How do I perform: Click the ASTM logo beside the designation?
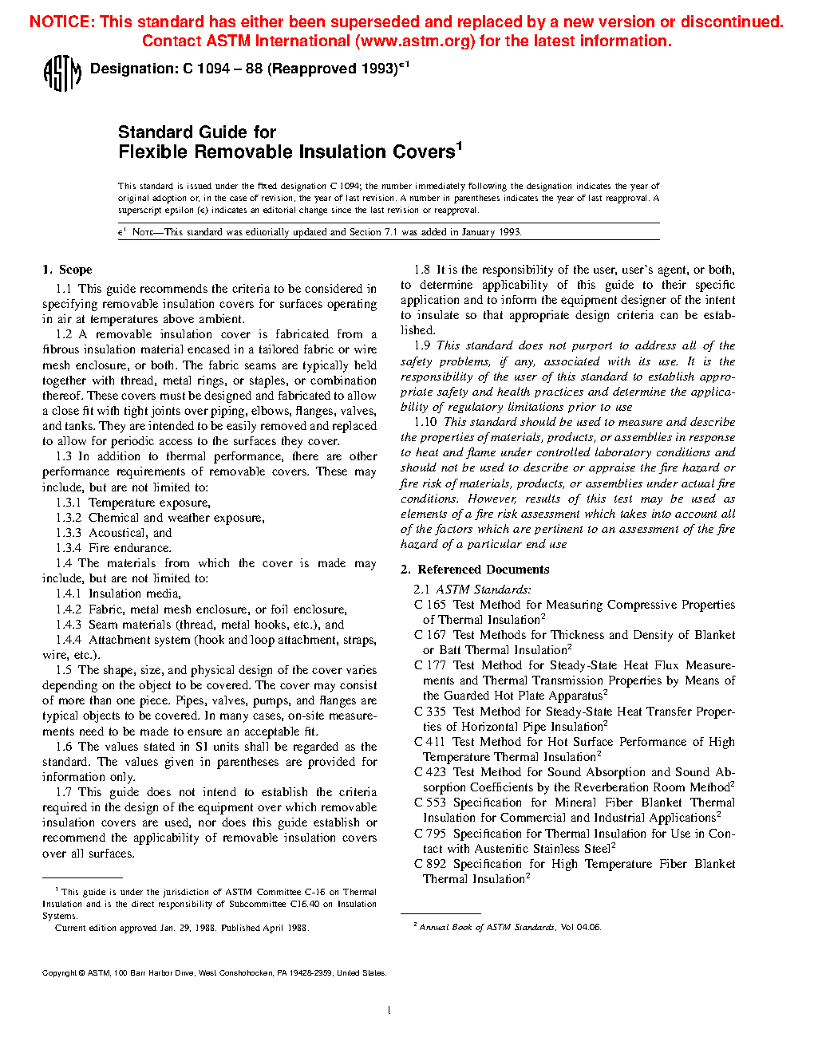(x=61, y=73)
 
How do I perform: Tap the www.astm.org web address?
(x=414, y=41)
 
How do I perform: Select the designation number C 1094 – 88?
(x=222, y=69)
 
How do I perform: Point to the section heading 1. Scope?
(x=67, y=270)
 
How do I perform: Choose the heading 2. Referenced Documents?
(x=475, y=570)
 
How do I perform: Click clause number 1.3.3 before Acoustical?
(x=68, y=533)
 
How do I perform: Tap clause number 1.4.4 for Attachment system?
(x=68, y=640)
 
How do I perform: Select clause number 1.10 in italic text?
(x=425, y=422)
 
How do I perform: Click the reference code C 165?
(x=429, y=605)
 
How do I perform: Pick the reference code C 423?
(x=429, y=772)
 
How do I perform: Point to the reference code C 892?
(x=429, y=864)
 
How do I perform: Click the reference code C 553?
(x=429, y=803)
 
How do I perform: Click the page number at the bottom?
(x=389, y=1011)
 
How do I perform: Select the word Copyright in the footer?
(x=59, y=973)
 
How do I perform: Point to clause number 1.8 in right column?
(x=421, y=270)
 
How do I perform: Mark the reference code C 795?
(x=429, y=834)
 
